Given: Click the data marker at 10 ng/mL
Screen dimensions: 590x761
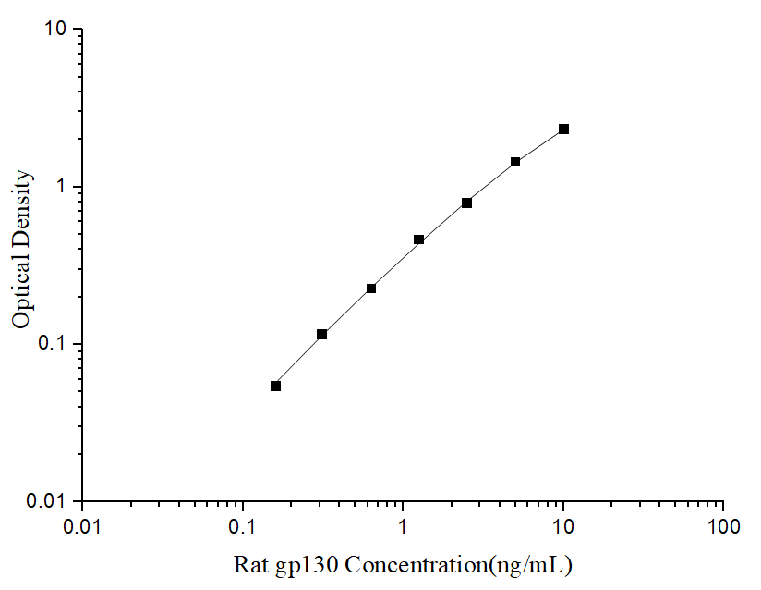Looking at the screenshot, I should [563, 129].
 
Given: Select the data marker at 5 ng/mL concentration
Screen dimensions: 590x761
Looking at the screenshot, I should [515, 162].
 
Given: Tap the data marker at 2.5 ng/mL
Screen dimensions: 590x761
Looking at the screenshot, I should [467, 203].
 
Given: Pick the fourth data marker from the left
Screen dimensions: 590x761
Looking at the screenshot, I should [418, 240].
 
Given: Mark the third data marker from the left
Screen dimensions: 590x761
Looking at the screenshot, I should [371, 289].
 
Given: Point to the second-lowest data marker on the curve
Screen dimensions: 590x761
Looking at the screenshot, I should [322, 334].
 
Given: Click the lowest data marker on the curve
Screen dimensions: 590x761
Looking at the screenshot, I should [275, 386].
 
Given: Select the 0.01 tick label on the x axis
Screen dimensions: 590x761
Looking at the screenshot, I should [83, 527].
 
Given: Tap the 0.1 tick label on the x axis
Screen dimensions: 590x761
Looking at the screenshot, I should [243, 527].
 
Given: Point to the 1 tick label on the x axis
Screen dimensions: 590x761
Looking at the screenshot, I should [404, 527].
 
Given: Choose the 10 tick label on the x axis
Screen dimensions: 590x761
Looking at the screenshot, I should [563, 527].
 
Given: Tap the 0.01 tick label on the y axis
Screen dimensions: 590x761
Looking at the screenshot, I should [47, 501].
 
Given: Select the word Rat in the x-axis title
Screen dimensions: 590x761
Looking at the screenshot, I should [249, 563].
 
